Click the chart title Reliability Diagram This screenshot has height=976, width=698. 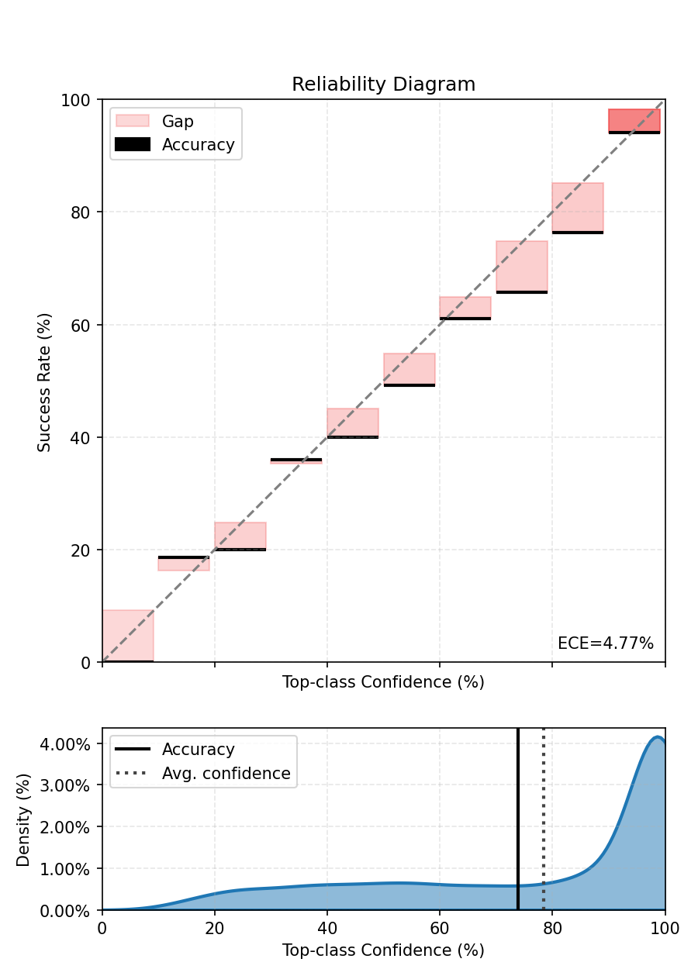tap(383, 84)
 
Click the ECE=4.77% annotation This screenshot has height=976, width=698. tap(605, 643)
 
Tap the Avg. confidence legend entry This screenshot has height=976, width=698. tap(226, 773)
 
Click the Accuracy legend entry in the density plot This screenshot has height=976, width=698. tap(198, 750)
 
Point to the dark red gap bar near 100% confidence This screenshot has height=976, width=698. tap(634, 120)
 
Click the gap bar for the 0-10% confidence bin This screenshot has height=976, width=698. tap(128, 636)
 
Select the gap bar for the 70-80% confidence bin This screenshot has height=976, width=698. tap(521, 266)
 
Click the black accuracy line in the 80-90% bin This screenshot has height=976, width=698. tap(577, 232)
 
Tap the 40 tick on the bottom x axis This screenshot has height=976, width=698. tap(327, 926)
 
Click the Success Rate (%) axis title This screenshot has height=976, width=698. tap(45, 381)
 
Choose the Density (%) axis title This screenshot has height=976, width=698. tap(23, 819)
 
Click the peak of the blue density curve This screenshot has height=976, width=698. tap(658, 737)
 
